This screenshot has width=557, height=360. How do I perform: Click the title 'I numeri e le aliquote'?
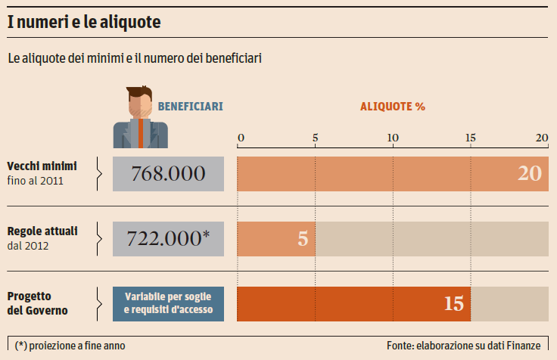[x=84, y=23]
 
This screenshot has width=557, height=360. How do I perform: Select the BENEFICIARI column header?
[x=190, y=107]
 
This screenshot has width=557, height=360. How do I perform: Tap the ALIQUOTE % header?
[x=392, y=107]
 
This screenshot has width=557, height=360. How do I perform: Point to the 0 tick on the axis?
[x=241, y=138]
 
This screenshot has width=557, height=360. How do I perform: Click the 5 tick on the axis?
[x=315, y=138]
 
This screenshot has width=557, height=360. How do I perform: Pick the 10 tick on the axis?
[x=393, y=138]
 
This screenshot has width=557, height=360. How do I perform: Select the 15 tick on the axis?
[x=471, y=138]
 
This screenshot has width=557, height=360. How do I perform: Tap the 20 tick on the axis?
[x=542, y=138]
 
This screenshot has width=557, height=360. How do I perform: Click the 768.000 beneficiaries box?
[x=168, y=173]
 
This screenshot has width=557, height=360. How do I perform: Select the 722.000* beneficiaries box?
[x=168, y=237]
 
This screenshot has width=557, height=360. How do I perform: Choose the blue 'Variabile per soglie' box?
[x=168, y=303]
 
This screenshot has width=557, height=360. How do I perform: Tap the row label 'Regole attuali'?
[x=42, y=230]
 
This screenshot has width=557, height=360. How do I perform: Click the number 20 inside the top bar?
[x=530, y=173]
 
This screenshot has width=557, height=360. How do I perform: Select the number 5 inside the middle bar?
[x=303, y=238]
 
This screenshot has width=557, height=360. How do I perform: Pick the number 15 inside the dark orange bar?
[x=453, y=303]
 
